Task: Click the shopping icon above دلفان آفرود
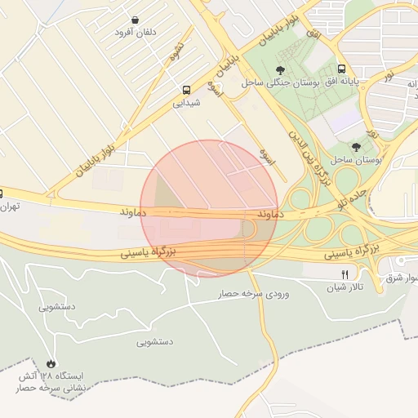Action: pos(134,20)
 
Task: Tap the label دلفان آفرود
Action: pos(135,33)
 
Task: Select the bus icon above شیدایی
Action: pos(187,90)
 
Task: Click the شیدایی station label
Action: pos(186,103)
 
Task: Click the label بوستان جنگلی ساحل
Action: pos(277,82)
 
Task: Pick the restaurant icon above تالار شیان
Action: pos(345,274)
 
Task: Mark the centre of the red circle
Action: pos(210,209)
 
